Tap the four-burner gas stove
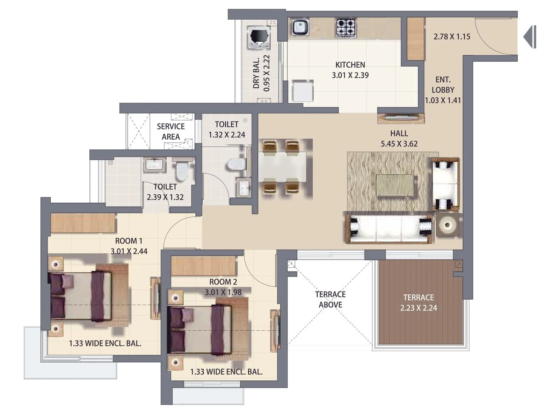click(346, 28)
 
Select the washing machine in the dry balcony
click(259, 37)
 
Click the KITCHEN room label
click(350, 65)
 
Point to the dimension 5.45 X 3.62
click(399, 144)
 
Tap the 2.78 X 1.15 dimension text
click(452, 37)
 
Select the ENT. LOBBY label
click(443, 85)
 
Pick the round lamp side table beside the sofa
click(447, 225)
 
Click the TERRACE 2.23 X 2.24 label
click(419, 303)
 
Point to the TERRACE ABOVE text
click(330, 300)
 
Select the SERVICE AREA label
click(170, 132)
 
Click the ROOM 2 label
click(223, 282)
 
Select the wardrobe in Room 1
click(83, 223)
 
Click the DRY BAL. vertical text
click(256, 73)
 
